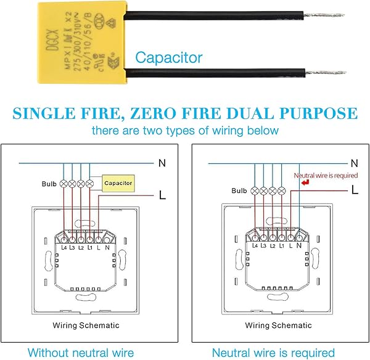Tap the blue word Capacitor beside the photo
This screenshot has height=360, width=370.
point(169,58)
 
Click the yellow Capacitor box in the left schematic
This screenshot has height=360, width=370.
point(118,183)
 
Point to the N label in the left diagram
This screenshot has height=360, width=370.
point(162,163)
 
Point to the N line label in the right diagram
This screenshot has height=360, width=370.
point(354,163)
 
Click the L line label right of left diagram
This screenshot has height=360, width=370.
point(162,195)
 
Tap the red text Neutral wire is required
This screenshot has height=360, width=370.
point(326,175)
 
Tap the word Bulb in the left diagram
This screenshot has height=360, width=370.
point(49,184)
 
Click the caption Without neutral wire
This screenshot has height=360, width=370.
point(80,353)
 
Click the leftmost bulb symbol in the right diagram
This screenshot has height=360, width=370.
point(255,190)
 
